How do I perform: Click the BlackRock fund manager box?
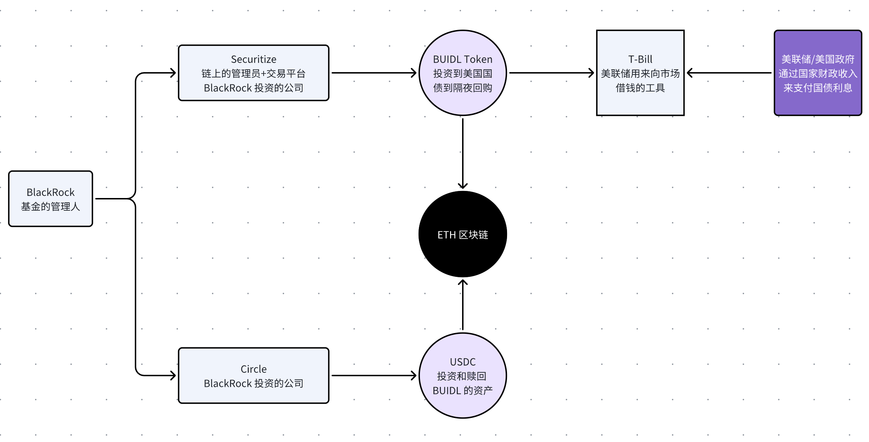tap(51, 199)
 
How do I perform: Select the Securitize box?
tap(253, 73)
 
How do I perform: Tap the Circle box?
tap(253, 376)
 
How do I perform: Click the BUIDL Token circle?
tap(462, 73)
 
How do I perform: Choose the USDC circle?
tap(462, 376)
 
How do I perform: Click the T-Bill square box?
tap(640, 73)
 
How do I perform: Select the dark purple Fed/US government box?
tap(818, 73)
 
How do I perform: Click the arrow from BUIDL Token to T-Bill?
tap(551, 73)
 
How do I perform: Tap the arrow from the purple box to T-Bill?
tap(729, 73)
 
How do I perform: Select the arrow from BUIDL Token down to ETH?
tap(462, 152)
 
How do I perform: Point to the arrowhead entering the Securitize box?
tap(172, 73)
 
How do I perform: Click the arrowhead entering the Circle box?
tap(172, 376)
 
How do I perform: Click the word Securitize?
tap(253, 59)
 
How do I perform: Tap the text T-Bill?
tap(640, 59)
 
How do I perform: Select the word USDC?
tap(462, 362)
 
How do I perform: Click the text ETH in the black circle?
tap(446, 235)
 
